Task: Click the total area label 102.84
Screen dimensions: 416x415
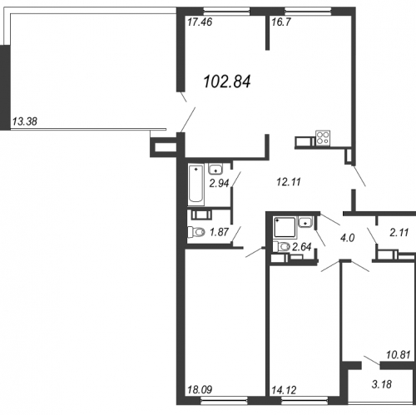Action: click(227, 82)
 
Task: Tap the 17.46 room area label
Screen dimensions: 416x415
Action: click(200, 22)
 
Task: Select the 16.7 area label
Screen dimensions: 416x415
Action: click(281, 22)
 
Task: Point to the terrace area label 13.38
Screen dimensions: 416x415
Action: click(25, 121)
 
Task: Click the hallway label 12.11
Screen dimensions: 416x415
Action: click(289, 182)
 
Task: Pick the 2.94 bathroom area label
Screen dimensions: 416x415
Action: click(219, 183)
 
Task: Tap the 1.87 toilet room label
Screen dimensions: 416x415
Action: click(220, 232)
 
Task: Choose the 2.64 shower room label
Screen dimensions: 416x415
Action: click(302, 247)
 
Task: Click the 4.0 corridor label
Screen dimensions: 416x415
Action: click(347, 238)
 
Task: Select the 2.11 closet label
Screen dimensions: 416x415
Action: click(399, 233)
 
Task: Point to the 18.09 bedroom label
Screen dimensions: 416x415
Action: click(200, 390)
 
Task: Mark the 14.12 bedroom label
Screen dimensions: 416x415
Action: click(284, 390)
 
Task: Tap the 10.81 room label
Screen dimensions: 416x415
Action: click(398, 354)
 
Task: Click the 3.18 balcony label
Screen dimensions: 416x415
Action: click(382, 384)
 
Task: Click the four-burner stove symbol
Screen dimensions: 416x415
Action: click(323, 138)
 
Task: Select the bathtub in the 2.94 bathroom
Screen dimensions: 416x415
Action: click(196, 185)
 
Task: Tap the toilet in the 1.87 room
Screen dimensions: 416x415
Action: click(196, 232)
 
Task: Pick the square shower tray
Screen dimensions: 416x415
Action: click(285, 228)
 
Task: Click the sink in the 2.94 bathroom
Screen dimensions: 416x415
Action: click(215, 169)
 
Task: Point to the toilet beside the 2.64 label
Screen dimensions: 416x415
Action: click(281, 246)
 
